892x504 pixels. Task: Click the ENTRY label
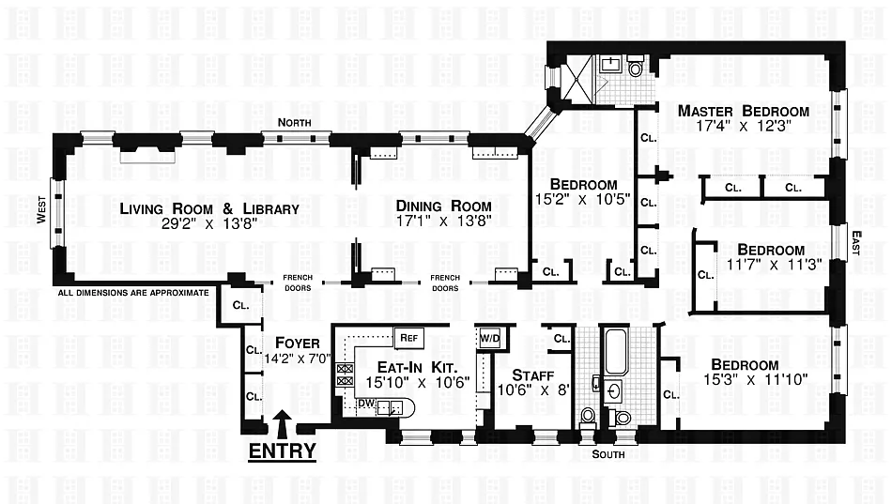pyautogui.click(x=282, y=451)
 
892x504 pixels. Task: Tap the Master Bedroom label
pyautogui.click(x=744, y=111)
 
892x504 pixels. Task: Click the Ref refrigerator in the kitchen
pyautogui.click(x=408, y=337)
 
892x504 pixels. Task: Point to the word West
pyautogui.click(x=41, y=218)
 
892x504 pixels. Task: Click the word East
pyautogui.click(x=854, y=244)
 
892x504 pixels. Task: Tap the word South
pyautogui.click(x=607, y=454)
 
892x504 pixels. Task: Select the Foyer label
pyautogui.click(x=291, y=343)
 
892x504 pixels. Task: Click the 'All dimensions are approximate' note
pyautogui.click(x=133, y=293)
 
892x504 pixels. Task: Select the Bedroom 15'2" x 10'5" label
pyautogui.click(x=583, y=184)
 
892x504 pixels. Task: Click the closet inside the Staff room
pyautogui.click(x=561, y=339)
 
